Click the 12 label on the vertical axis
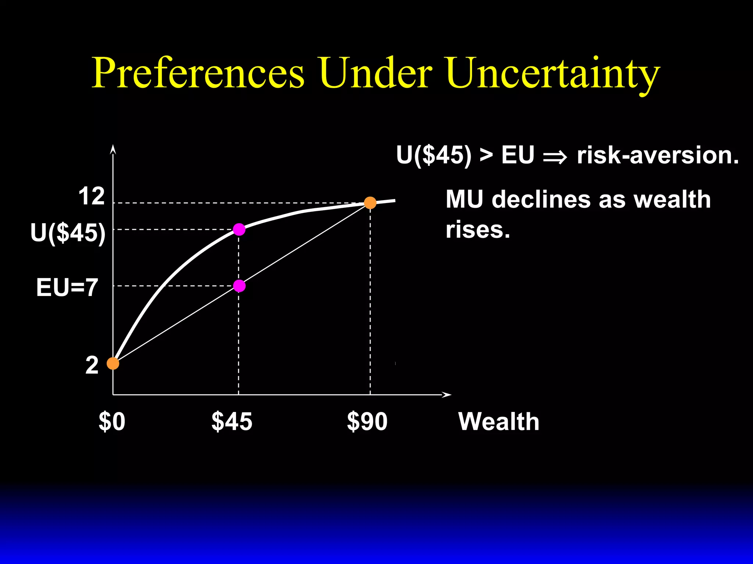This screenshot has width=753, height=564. coord(92,196)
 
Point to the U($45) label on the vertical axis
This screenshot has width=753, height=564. coord(68,233)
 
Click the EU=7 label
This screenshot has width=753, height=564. coord(67,287)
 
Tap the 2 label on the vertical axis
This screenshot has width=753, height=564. coord(92,365)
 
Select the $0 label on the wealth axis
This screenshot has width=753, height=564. coord(112,422)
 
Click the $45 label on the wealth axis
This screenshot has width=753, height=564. coord(232,422)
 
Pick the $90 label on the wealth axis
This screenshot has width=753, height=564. coord(367,422)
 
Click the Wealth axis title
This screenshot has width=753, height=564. coord(499,422)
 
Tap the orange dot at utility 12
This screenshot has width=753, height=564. coord(370,203)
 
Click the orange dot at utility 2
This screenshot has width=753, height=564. coord(113,364)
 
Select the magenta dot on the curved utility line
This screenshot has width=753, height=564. coord(239,229)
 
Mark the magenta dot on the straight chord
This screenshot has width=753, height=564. coord(239,286)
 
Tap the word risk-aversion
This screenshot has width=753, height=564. coord(658,155)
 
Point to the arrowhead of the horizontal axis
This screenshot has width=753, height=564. coord(447,395)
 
